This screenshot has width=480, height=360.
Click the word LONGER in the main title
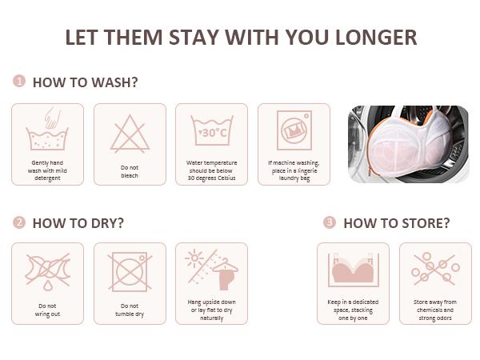click(376, 38)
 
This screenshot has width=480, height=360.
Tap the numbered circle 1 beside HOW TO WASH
click(19, 81)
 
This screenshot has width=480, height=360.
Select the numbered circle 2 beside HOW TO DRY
click(19, 222)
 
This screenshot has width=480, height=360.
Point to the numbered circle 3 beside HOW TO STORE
click(330, 222)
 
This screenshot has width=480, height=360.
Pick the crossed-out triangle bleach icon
click(130, 134)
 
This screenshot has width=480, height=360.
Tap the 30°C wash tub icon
click(212, 130)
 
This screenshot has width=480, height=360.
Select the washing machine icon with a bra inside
click(294, 130)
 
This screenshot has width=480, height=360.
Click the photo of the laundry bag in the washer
click(408, 144)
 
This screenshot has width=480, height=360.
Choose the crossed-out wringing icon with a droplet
click(48, 272)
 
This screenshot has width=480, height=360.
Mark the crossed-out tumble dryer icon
click(130, 271)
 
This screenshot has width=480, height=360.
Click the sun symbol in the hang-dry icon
click(194, 258)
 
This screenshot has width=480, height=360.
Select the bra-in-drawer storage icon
click(354, 270)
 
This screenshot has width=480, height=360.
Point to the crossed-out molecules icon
click(435, 269)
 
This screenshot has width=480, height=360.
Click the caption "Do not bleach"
click(130, 171)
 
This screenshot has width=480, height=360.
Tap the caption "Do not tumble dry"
click(130, 310)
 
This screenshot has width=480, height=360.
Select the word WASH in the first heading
click(115, 82)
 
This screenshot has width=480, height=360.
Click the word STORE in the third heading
click(426, 223)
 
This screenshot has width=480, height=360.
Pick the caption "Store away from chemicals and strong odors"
click(435, 310)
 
